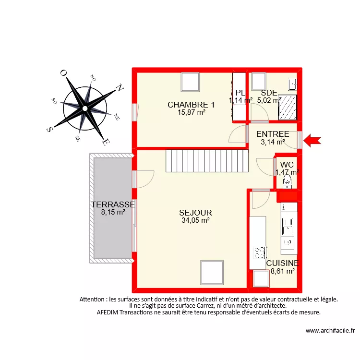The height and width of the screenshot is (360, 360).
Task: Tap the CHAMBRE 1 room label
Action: tap(191, 105)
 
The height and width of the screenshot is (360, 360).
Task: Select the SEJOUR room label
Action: tap(195, 213)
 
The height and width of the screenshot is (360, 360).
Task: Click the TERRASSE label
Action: tap(113, 204)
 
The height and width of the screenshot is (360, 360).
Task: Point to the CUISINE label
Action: tap(282, 263)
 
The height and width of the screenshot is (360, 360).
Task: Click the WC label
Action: tap(287, 165)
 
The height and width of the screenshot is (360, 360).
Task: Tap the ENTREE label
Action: tap(272, 134)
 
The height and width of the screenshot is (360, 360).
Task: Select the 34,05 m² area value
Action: tap(195, 221)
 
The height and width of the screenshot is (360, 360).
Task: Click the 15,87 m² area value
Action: tap(191, 112)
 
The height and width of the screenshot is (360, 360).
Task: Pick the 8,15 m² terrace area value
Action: tap(113, 212)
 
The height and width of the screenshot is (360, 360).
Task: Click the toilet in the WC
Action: tap(288, 180)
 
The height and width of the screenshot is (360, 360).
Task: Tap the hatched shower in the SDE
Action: tap(288, 107)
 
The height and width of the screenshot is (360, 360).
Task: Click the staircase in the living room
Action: tap(207, 160)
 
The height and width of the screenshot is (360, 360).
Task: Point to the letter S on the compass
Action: tap(49, 129)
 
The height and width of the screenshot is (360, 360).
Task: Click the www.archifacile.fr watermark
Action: tap(330, 331)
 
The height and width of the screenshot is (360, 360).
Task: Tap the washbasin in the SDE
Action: tap(292, 85)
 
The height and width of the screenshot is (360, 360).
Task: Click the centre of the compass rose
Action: tap(84, 108)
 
